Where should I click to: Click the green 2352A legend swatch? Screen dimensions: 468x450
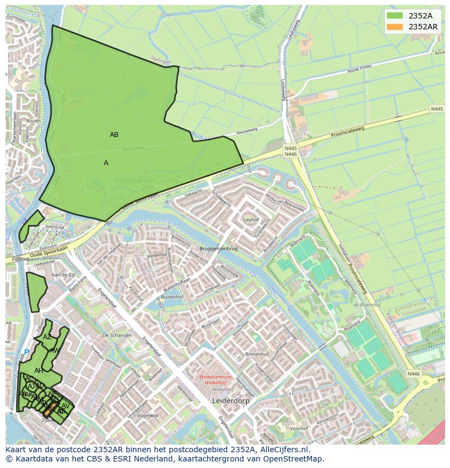coord(395,16)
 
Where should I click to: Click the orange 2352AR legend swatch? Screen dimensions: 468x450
coord(395,27)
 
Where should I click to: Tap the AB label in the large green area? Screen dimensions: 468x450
coord(114,135)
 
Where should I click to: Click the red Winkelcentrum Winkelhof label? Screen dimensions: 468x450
coord(215,380)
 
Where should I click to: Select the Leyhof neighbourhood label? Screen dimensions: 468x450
coord(251,220)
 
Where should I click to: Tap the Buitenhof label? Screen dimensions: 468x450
coord(172,297)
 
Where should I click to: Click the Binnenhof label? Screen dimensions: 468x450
coord(257,354)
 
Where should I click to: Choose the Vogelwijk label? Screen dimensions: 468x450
coord(148,415)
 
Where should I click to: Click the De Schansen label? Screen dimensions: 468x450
coord(117,335)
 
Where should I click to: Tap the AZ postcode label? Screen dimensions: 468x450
coord(47,337)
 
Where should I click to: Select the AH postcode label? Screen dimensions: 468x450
coord(39,371)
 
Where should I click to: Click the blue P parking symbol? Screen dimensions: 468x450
coord(26,352)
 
